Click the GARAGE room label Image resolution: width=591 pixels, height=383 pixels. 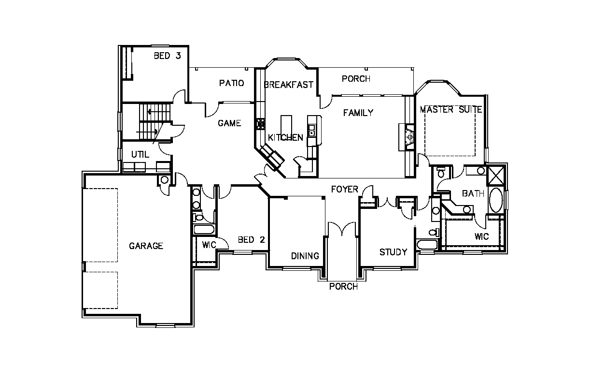click(x=146, y=246)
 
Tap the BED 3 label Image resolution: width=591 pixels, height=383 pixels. click(x=167, y=56)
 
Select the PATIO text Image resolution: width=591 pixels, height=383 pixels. click(x=231, y=83)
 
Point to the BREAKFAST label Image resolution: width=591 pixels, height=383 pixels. click(x=288, y=85)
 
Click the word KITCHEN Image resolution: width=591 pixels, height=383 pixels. click(x=285, y=137)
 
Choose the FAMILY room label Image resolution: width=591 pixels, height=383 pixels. click(x=358, y=113)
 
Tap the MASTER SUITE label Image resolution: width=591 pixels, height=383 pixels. click(x=450, y=109)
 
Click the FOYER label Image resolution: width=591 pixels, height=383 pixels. click(x=345, y=189)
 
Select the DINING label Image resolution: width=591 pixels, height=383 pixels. click(x=305, y=256)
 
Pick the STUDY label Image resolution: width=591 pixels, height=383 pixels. click(x=393, y=252)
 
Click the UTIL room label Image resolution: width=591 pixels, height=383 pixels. click(x=140, y=154)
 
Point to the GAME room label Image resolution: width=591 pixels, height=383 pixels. click(x=229, y=123)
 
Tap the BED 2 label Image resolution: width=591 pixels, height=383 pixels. click(x=251, y=240)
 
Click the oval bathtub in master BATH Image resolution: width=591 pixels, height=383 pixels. click(x=496, y=200)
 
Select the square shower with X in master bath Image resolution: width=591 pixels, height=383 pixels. click(x=496, y=175)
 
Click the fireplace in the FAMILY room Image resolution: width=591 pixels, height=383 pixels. click(x=407, y=137)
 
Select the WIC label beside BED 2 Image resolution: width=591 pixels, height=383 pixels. click(x=209, y=245)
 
